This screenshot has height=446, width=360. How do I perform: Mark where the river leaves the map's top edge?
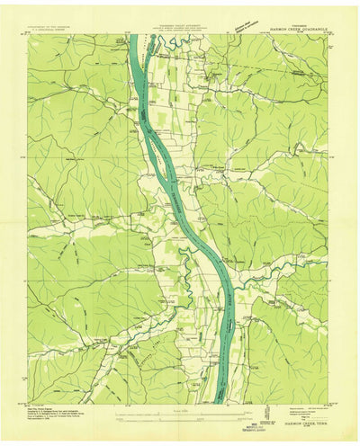tap(135, 36)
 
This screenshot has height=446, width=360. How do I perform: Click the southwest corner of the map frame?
tap(27, 403)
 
